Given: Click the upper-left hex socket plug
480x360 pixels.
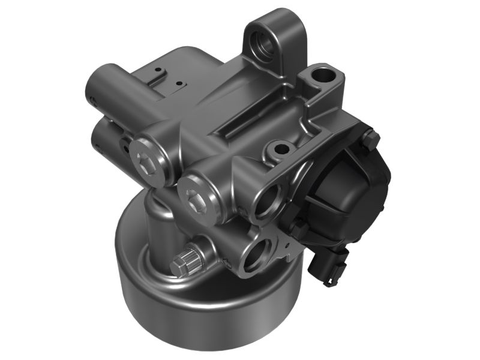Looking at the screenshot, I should coord(146,158).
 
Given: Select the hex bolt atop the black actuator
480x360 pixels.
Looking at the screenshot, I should coord(370,140).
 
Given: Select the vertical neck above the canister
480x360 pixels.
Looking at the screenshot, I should coord(157,231).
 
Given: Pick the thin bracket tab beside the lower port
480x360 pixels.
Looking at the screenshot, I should coord(291,252).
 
